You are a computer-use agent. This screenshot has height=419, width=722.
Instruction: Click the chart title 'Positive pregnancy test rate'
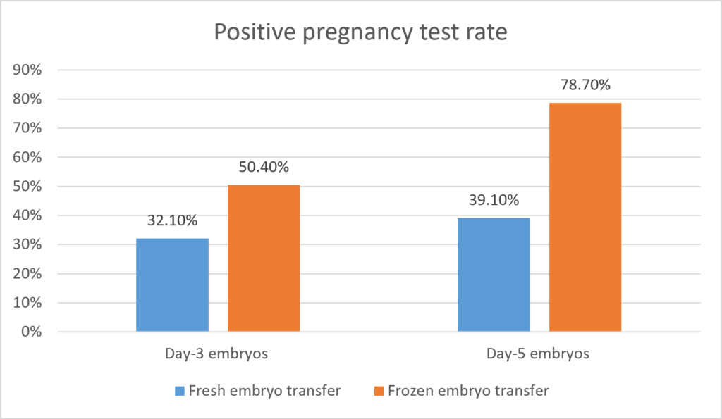[360, 32]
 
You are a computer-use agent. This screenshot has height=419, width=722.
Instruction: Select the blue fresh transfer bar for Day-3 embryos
[172, 284]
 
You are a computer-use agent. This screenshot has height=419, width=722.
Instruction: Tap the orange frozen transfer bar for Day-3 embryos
[264, 258]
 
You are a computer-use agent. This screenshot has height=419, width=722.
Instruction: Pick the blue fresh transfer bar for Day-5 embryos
[494, 275]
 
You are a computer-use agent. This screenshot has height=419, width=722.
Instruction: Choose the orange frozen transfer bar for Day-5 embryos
[585, 217]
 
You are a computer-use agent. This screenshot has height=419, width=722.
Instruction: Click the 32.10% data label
[172, 221]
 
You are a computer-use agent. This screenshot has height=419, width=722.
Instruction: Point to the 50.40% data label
[264, 167]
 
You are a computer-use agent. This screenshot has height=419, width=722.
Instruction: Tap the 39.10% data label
[494, 200]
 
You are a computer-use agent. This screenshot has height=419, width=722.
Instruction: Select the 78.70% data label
[585, 85]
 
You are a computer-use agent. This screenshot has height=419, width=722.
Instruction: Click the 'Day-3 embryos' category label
[216, 354]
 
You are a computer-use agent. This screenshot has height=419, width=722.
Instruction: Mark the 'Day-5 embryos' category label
[538, 354]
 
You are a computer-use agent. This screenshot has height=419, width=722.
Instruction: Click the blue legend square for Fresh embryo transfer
[180, 391]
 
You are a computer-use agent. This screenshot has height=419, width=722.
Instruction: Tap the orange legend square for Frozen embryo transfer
[379, 391]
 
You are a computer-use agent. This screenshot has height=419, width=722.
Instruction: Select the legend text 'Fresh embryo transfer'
[265, 391]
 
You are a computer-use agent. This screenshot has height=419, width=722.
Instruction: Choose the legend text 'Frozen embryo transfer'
[468, 391]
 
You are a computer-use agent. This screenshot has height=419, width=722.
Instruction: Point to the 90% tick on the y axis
[27, 70]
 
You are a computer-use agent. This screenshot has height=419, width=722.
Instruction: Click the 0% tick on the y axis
[31, 332]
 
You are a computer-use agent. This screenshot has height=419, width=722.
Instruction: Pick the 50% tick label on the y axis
[27, 187]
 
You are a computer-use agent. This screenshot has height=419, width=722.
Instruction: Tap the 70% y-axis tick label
[27, 128]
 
